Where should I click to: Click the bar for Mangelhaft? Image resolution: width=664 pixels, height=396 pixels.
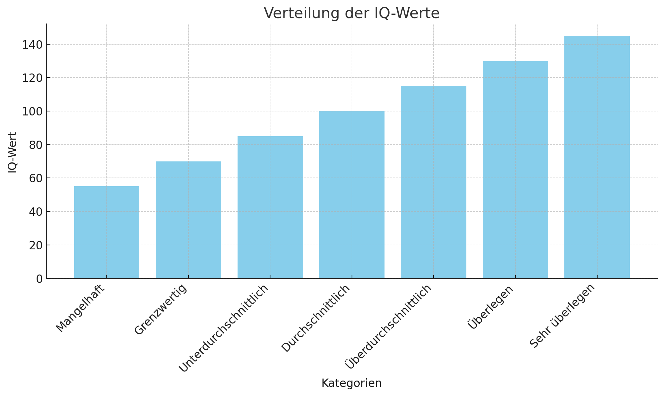(107, 232)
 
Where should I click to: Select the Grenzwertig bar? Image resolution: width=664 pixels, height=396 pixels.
(188, 220)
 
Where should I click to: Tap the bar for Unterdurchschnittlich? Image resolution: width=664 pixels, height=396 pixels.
(270, 207)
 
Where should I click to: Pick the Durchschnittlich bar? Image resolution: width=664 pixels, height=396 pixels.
(352, 195)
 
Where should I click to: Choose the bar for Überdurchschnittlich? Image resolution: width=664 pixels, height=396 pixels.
(433, 182)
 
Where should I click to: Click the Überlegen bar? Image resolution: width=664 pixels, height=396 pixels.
(515, 169)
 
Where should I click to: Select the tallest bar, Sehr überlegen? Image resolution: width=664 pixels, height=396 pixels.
(597, 157)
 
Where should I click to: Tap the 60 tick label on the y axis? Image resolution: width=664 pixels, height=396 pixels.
(36, 178)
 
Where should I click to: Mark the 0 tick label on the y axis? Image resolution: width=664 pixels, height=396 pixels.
(40, 279)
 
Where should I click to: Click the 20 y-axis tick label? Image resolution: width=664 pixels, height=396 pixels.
(36, 245)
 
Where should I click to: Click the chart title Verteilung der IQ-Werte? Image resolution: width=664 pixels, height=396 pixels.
(352, 13)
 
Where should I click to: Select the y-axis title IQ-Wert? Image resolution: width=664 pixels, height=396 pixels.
(12, 152)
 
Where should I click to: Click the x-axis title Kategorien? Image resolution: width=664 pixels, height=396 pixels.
(352, 383)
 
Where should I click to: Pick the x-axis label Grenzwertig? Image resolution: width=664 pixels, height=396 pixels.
(160, 309)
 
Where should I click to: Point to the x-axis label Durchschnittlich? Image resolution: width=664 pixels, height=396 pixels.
(316, 318)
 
